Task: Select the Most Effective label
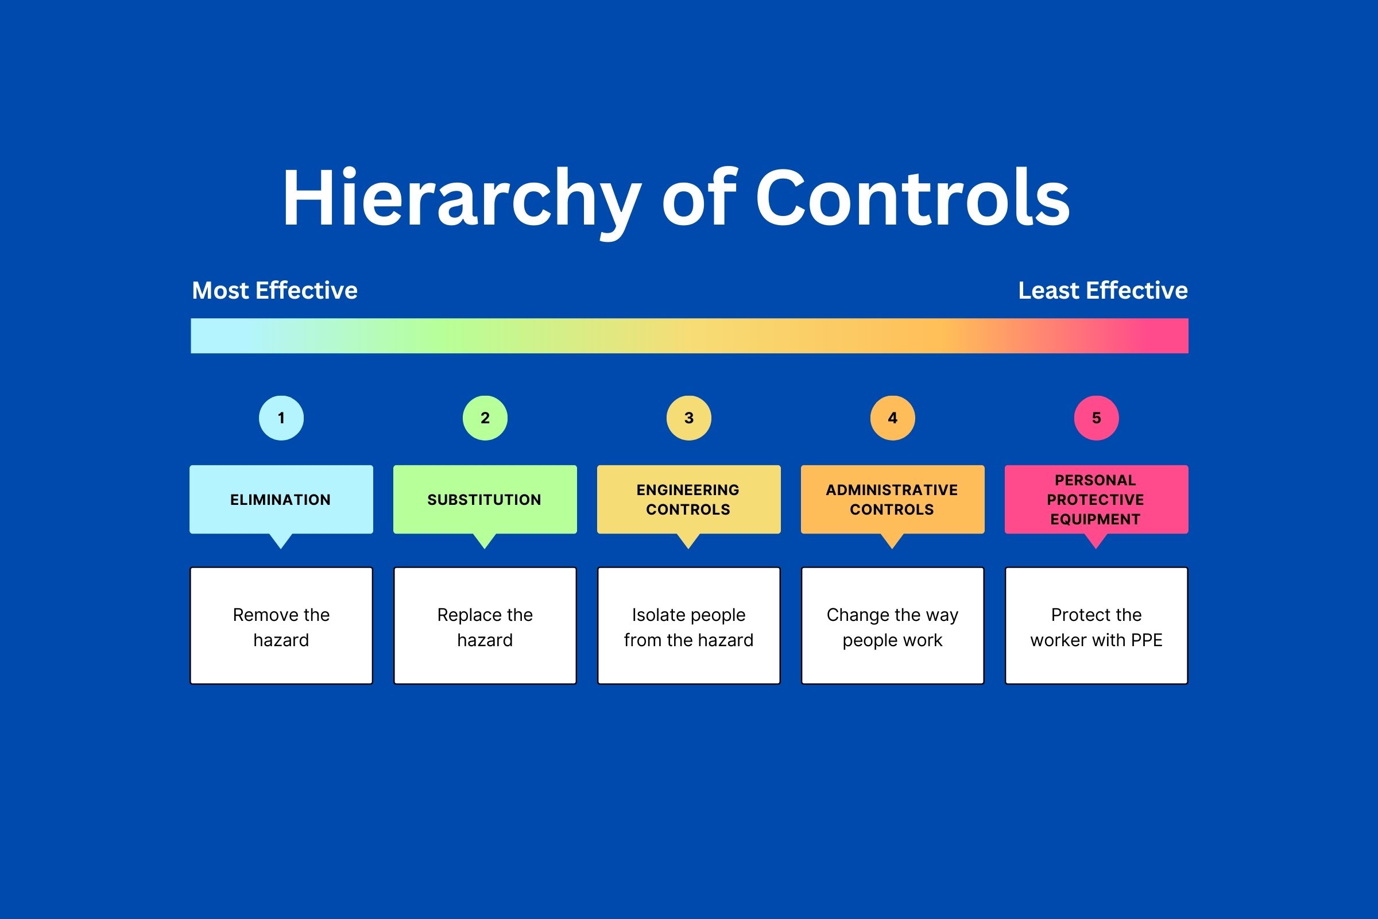275,290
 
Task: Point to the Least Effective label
1103,290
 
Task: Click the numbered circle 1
281,418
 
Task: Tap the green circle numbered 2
485,418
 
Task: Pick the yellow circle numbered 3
689,418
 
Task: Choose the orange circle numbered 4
893,418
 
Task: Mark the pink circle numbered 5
1097,418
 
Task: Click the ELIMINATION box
281,499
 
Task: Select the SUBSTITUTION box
485,499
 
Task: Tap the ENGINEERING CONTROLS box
689,499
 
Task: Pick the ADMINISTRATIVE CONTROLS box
893,499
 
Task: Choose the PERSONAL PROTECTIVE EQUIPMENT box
1097,499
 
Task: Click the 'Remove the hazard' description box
281,625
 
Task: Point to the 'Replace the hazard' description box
485,625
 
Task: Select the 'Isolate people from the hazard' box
689,625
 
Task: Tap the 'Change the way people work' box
893,625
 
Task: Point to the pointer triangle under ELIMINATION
281,540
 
